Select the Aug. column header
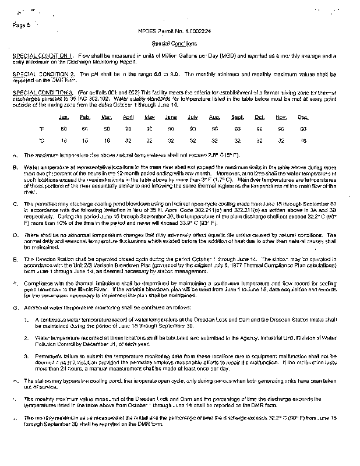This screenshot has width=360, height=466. (x=214, y=117)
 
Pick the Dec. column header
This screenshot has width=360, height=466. (x=303, y=117)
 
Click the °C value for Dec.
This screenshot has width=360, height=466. (x=303, y=140)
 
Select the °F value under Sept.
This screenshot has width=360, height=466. (x=237, y=129)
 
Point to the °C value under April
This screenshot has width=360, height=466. (x=128, y=140)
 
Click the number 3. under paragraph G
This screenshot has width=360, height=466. (x=26, y=354)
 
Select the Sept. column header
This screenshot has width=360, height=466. (x=237, y=117)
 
